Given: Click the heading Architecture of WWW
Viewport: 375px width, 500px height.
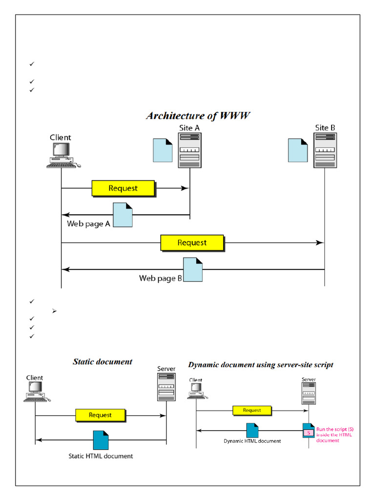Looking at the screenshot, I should pos(199,116).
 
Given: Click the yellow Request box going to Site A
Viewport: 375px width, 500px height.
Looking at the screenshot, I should pos(124,188).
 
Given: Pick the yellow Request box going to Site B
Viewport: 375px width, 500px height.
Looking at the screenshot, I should pos(192,243).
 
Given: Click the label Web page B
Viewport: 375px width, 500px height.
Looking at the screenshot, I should pos(161,278).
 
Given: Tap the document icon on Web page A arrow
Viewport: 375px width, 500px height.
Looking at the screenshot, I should pos(123,215).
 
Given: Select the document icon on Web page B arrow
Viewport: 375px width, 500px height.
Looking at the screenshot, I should pos(193,270).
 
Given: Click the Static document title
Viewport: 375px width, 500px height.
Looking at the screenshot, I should pos(103,362).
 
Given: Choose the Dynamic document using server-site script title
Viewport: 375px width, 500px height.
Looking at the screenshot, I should pos(261,365).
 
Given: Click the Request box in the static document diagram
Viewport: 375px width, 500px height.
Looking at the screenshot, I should pos(101,415).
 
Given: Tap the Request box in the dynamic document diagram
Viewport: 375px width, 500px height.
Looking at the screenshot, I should pos(252,411).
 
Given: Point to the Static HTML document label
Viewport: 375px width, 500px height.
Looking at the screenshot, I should pos(101,456).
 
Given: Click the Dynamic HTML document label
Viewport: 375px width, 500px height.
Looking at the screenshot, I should pos(252,441).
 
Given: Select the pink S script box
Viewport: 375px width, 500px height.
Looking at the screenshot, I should pos(309,433).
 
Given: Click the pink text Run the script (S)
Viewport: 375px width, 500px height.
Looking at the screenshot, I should pos(332,430).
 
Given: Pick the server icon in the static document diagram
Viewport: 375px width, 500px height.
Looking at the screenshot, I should pos(167,388).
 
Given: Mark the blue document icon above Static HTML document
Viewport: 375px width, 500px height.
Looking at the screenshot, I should pos(101,440).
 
